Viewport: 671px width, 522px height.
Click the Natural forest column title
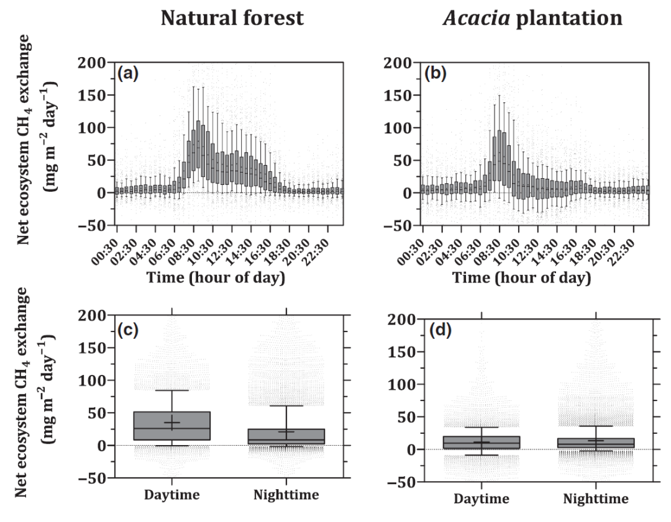click(233, 18)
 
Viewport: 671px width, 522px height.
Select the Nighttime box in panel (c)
click(286, 436)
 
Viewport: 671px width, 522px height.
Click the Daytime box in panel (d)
click(482, 443)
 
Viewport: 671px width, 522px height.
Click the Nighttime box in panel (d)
click(595, 443)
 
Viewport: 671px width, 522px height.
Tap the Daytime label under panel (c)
click(171, 495)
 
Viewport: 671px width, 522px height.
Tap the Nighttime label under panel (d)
click(595, 499)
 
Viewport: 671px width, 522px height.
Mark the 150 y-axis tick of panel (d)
click(399, 352)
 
